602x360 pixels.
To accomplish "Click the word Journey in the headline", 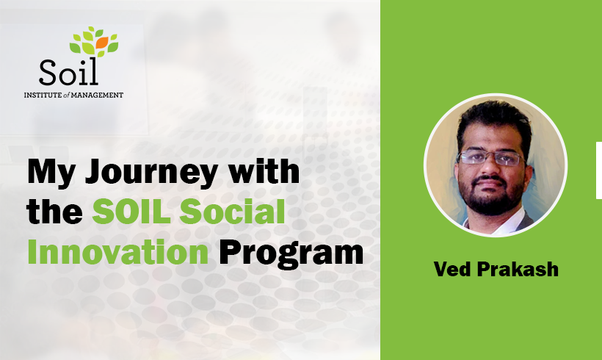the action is tap(152, 173).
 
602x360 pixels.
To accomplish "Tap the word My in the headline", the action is tap(51, 173).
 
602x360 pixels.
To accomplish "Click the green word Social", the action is tap(233, 211).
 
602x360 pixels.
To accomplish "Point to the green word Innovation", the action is tap(118, 252).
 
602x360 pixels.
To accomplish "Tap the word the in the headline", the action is tap(55, 211).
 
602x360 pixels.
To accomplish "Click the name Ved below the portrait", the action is tap(452, 269).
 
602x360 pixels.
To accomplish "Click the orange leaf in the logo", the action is tap(102, 43).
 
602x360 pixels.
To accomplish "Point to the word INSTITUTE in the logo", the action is tap(43, 95).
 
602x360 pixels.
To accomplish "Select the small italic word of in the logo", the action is tap(66, 95).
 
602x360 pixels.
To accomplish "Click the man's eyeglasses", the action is tap(490, 158).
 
